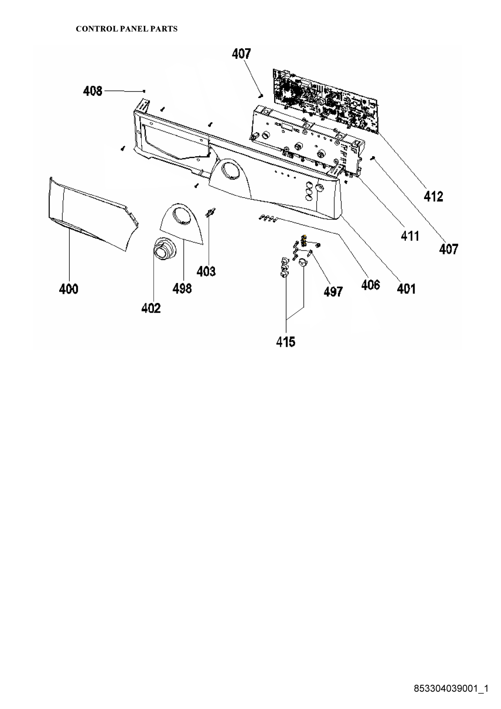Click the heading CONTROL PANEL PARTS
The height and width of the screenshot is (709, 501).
127,29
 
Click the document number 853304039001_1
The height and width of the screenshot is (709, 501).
451,687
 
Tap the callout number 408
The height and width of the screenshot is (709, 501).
92,91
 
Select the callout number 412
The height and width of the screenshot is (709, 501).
433,196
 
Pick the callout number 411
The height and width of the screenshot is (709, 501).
410,236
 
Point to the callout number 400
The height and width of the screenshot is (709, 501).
69,289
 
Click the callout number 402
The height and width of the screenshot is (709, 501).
151,308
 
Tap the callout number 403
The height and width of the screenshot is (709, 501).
206,271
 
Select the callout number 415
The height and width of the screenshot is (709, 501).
286,342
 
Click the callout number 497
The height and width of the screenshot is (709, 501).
333,292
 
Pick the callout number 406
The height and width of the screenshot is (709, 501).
370,285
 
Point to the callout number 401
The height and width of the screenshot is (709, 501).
406,288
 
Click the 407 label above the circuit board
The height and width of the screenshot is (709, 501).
241,54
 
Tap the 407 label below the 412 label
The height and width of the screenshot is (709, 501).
449,249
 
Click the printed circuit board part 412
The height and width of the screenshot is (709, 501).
326,101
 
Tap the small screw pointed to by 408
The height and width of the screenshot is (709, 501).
144,91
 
